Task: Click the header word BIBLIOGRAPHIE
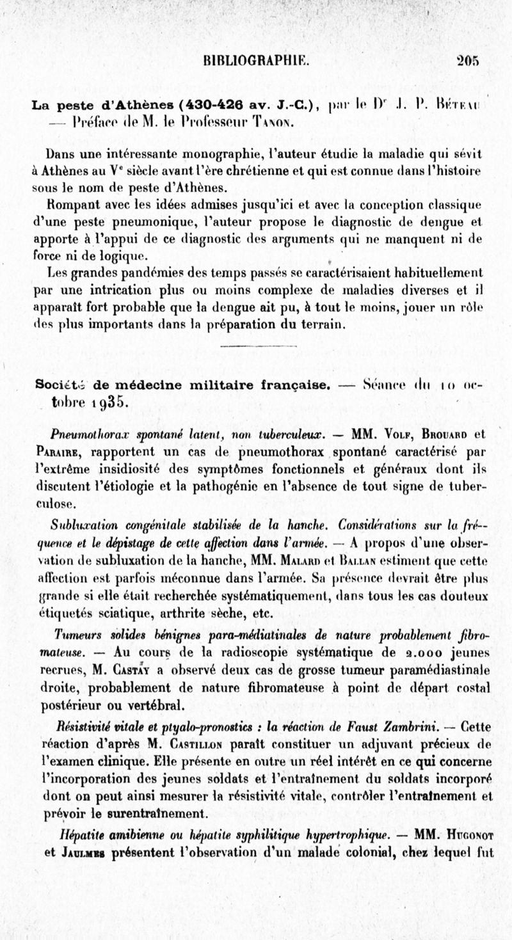(x=255, y=61)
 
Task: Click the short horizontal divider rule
(x=255, y=346)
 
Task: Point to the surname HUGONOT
(x=467, y=834)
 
